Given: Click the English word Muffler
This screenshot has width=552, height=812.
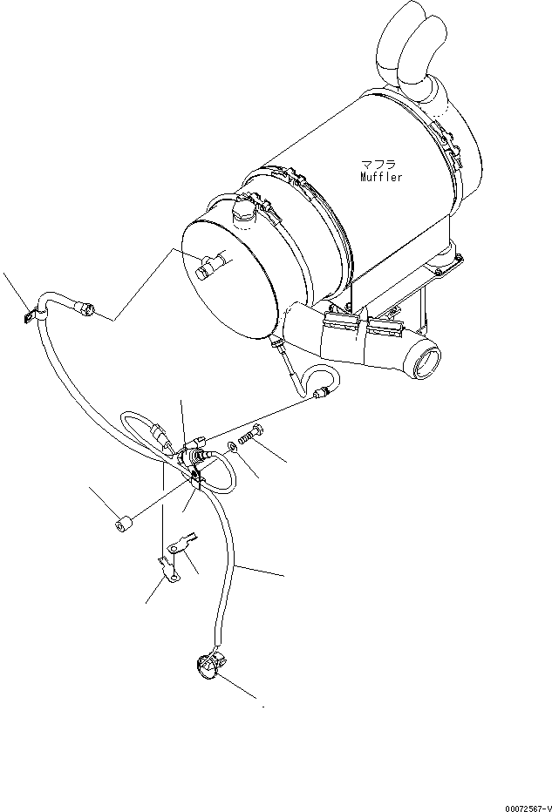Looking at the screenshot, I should coord(382,177).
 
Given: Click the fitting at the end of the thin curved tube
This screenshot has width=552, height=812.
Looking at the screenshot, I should coord(324,394).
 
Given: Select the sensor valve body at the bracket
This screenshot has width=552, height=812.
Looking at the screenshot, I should coord(187,456).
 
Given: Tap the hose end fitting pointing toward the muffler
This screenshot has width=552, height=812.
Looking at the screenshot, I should coord(87,308).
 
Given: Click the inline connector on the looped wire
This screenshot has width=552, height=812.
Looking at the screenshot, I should coord(160,433).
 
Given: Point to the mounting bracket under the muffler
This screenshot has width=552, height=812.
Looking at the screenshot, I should coord(410,301).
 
